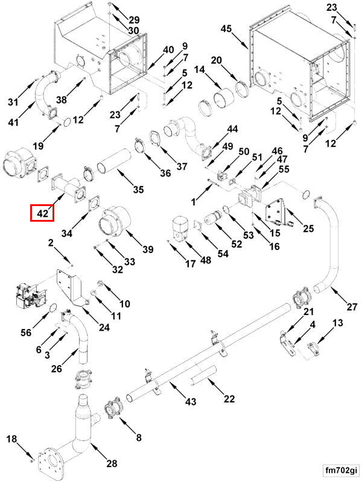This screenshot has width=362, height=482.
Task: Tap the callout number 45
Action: click(226, 29)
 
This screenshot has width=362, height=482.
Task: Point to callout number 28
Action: click(112, 463)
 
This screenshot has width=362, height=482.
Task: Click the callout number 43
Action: click(190, 402)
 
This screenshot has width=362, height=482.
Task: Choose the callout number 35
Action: click(138, 190)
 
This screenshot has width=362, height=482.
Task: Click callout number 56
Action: click(26, 333)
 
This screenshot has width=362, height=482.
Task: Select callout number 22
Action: click(229, 398)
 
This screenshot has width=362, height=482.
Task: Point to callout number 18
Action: click(11, 440)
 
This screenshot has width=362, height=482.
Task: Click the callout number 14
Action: click(200, 70)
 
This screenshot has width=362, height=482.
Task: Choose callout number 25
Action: click(309, 228)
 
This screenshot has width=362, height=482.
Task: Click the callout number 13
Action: click(337, 323)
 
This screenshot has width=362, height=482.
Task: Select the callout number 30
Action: click(133, 31)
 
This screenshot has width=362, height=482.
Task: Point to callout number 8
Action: click(138, 437)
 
